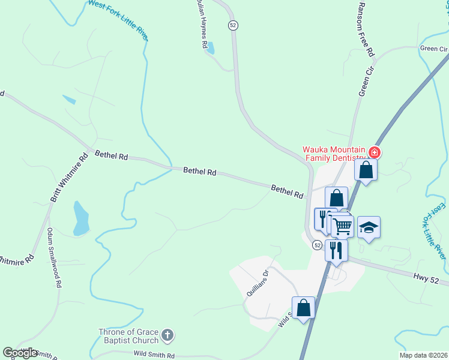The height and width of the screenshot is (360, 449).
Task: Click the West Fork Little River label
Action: coord(118,20)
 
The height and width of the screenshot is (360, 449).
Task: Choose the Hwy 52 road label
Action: coord(427,277)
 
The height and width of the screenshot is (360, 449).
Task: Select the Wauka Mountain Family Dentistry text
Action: coord(335,154)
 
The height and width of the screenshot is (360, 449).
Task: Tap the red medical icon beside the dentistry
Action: coord(375,152)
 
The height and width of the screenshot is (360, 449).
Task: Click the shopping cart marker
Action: coord(343,226)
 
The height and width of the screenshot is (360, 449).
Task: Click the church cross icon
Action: coord(167,334)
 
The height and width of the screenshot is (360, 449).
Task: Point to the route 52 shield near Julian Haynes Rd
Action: coord(233,25)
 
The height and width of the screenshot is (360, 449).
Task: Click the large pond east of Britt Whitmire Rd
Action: coord(80,218)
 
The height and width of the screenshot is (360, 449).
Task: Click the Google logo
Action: coord(20,353)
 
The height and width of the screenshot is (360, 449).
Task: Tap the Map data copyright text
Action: coord(423,355)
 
